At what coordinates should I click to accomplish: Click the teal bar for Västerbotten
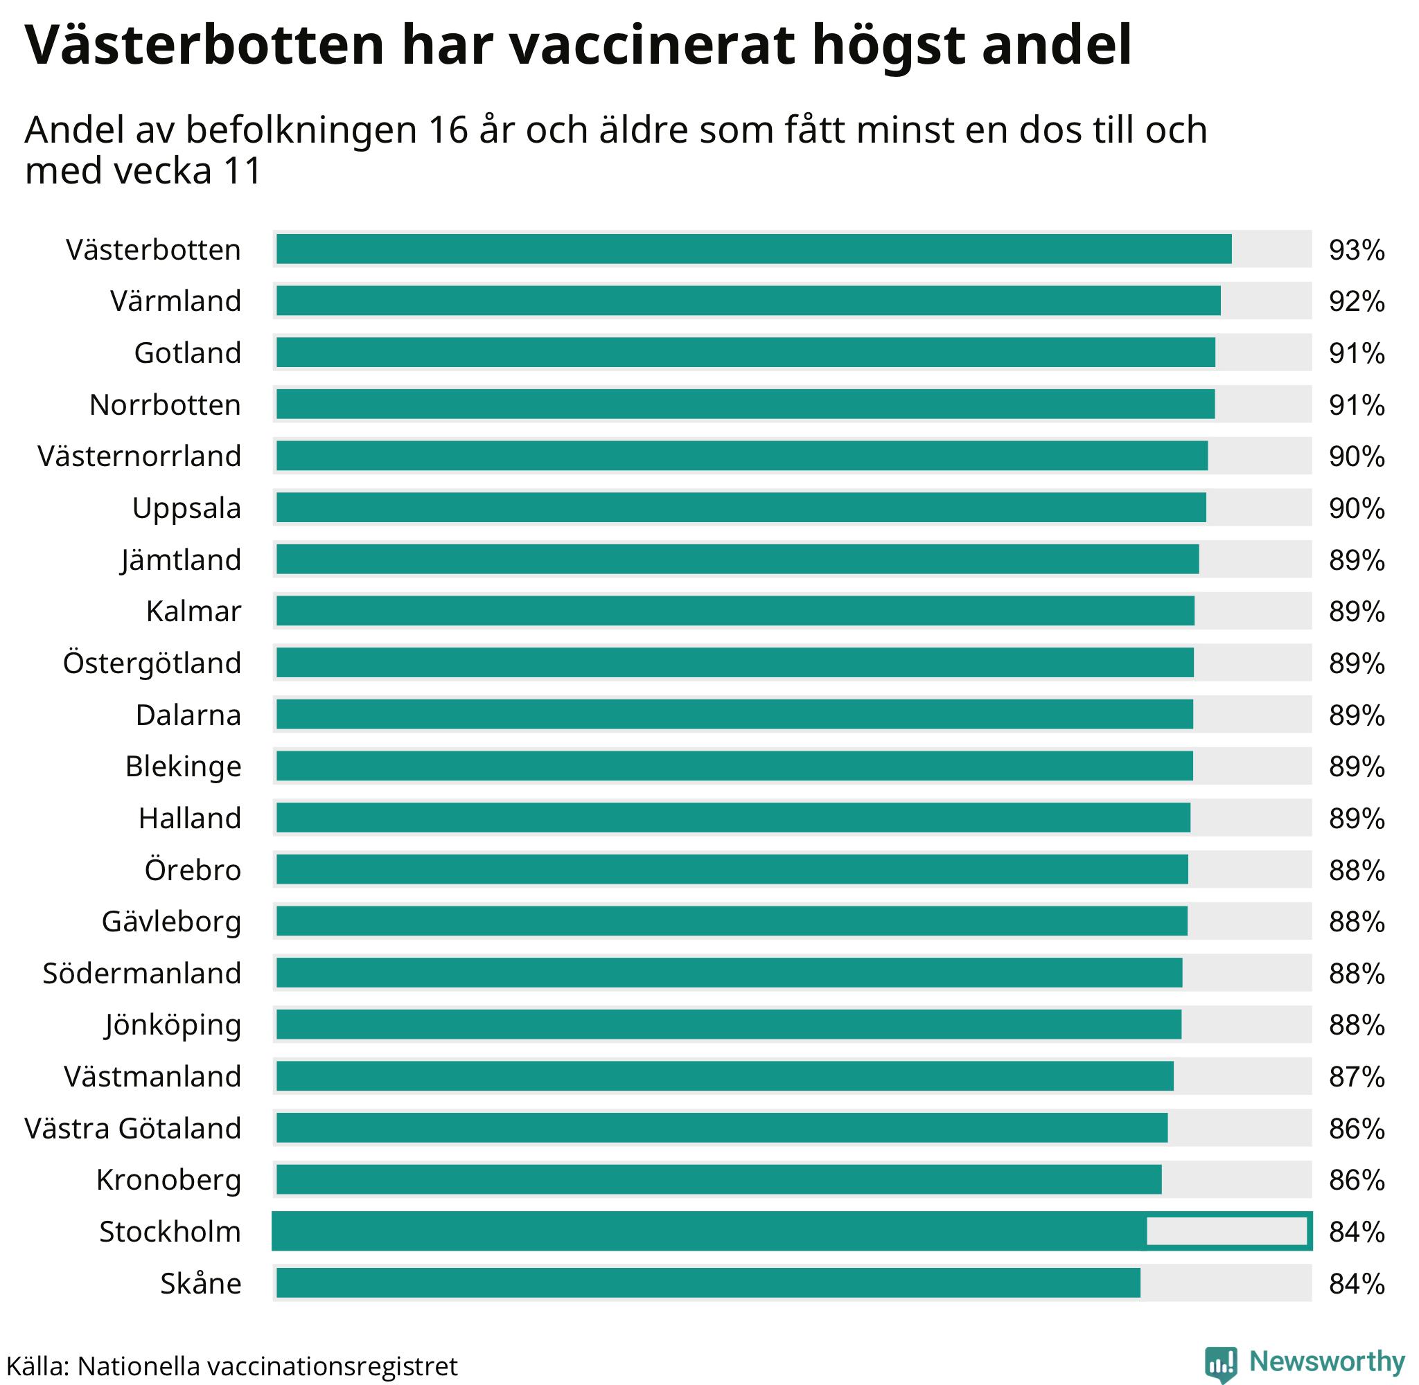click(x=753, y=249)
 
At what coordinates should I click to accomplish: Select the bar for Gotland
click(x=745, y=352)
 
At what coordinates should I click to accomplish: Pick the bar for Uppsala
click(x=741, y=508)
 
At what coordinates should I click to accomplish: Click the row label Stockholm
click(x=170, y=1231)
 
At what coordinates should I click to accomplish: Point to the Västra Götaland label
click(x=132, y=1128)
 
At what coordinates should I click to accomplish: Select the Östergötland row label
click(x=152, y=663)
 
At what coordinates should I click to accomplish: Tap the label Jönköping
click(x=173, y=1025)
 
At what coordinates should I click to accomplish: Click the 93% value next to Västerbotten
click(x=1357, y=250)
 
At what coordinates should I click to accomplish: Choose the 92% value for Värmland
click(x=1357, y=302)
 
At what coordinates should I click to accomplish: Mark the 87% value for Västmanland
click(x=1357, y=1077)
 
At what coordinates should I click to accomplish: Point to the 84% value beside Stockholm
click(x=1357, y=1232)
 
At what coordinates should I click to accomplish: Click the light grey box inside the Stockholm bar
click(x=1226, y=1231)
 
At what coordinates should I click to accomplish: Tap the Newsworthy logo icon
click(x=1220, y=1363)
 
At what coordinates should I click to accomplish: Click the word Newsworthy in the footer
click(x=1327, y=1361)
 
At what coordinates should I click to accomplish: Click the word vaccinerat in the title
click(x=652, y=45)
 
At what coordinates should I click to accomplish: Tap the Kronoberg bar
click(x=719, y=1180)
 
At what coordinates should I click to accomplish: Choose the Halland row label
click(x=190, y=819)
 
